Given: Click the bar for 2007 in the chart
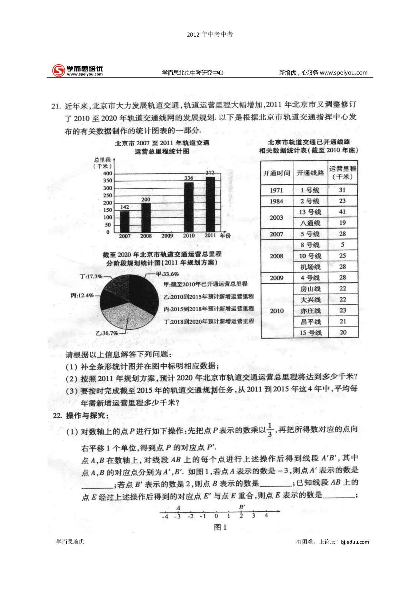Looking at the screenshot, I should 125,222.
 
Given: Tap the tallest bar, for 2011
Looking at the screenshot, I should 210,204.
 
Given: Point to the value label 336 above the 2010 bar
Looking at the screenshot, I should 189,178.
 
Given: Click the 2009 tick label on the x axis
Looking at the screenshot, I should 167,236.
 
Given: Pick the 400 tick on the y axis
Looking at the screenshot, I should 108,173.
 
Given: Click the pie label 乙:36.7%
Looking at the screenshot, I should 107,333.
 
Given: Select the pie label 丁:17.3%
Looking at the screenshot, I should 91,276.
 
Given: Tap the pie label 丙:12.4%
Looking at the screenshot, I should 82,295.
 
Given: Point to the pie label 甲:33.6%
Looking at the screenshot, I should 167,274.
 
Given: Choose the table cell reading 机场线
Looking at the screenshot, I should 310,267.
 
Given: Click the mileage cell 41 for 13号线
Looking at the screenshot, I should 342,212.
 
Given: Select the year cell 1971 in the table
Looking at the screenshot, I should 276,190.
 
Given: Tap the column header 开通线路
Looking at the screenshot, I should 310,173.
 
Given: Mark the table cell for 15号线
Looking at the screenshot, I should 310,333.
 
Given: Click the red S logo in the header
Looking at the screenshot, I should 58,70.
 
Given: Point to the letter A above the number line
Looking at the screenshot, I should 178,508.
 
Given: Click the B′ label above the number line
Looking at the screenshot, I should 242,507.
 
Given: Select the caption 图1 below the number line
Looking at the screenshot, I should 220,527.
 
